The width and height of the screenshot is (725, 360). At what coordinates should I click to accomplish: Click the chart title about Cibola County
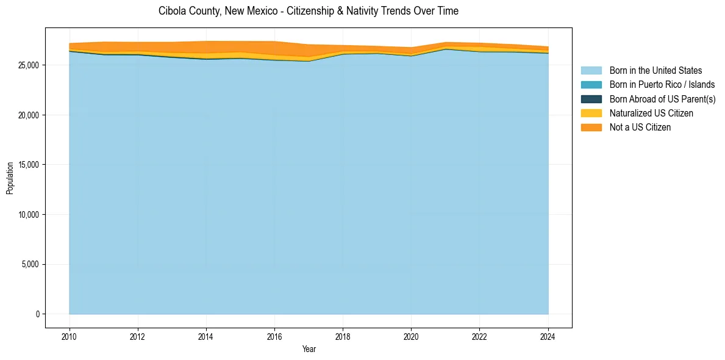coord(308,11)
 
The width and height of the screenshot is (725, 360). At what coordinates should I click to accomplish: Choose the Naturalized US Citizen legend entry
coord(651,113)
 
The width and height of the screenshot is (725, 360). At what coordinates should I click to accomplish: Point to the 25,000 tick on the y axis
coord(29,65)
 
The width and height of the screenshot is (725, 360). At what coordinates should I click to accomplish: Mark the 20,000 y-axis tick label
coord(29,115)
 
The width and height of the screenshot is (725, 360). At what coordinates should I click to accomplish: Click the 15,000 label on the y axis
coord(29,165)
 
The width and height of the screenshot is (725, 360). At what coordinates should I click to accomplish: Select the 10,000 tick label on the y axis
coord(29,215)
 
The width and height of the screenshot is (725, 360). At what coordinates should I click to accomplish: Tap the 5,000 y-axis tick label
coord(30,264)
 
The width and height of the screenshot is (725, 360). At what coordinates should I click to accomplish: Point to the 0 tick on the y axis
coord(37,314)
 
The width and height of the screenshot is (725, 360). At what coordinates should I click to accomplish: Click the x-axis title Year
coord(309,349)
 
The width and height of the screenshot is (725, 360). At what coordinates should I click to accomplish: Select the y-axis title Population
coord(10,178)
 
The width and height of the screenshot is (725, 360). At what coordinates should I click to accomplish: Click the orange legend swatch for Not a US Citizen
coord(591,128)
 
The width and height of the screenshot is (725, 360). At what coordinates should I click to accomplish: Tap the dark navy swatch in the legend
coord(591,99)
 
